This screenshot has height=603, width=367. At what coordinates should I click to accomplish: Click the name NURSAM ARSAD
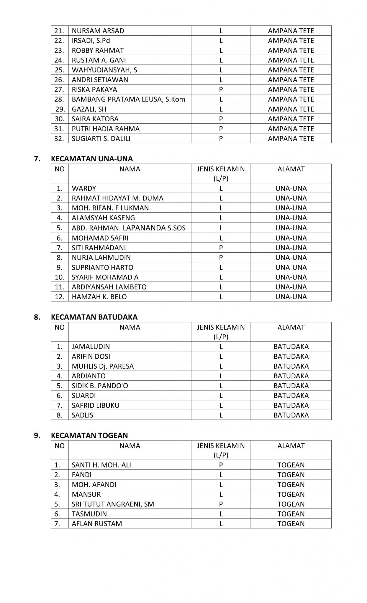coord(98,31)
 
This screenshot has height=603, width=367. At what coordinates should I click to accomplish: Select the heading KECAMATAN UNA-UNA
coord(92,159)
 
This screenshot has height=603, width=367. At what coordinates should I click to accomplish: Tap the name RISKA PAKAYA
coord(94,90)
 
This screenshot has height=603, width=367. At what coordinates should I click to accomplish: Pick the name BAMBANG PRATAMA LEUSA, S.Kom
coord(128,99)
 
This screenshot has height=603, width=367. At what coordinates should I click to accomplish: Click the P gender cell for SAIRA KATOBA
coord(221,119)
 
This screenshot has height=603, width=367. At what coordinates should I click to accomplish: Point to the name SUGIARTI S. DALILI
coord(101,138)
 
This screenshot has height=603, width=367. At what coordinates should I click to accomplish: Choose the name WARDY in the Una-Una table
coord(84,188)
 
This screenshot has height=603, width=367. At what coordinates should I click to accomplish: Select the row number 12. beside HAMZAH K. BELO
coord(60,297)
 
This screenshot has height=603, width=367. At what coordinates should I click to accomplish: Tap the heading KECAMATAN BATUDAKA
coord(94,317)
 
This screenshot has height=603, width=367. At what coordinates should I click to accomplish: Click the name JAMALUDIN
coord(91,347)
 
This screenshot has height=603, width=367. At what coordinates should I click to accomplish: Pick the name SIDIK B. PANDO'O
coord(100,386)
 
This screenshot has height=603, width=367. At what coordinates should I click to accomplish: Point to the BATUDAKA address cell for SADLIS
coord(291,415)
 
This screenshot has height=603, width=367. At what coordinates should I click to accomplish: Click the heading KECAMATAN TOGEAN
coord(89,435)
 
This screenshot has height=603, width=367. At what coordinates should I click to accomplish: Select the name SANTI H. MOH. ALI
coord(101,465)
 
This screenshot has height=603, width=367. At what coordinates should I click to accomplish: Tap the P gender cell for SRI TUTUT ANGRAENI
coord(221,504)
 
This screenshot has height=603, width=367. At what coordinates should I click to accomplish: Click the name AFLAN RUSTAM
coord(97,524)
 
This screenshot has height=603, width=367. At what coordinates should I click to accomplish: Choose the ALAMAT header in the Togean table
coord(291,446)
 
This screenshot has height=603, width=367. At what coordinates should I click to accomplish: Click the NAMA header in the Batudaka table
coord(130,327)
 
